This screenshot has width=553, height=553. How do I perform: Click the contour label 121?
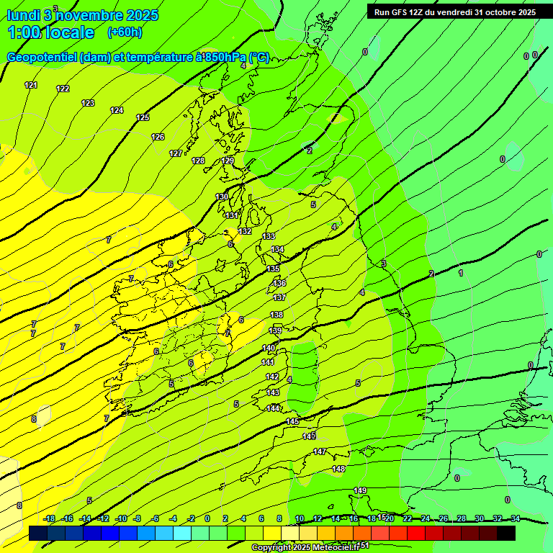(30, 85)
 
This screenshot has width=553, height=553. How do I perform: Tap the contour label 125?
(143, 117)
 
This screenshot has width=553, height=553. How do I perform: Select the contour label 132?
(245, 231)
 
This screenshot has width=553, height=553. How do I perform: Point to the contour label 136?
(279, 283)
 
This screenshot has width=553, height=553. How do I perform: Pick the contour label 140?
(269, 348)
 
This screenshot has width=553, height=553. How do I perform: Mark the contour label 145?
(292, 421)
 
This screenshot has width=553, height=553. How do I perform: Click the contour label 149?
(360, 490)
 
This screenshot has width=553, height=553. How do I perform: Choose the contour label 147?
(320, 451)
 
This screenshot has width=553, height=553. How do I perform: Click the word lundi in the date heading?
(22, 14)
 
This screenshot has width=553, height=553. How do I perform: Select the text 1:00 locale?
(50, 32)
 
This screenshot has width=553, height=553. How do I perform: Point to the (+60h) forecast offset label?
(125, 32)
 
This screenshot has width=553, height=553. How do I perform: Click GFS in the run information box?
(400, 12)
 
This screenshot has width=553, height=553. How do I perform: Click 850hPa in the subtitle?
(225, 58)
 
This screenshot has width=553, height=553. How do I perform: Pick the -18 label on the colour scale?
(50, 518)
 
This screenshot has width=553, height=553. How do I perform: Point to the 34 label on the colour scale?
(516, 518)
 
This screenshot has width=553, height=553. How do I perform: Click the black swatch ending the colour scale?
(506, 533)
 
